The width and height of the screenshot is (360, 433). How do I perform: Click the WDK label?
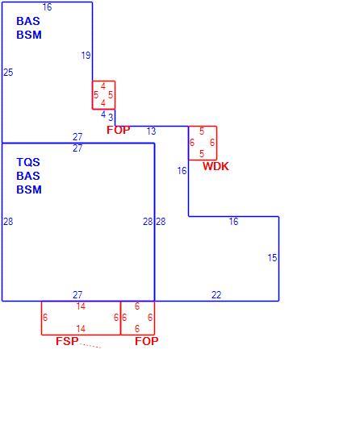(216, 166)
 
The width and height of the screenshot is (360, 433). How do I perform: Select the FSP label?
(67, 341)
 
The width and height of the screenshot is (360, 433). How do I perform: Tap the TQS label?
(28, 162)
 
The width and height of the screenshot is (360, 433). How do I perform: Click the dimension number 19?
(86, 56)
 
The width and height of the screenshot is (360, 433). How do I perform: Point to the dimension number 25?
(8, 73)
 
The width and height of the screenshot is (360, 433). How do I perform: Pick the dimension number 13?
(151, 131)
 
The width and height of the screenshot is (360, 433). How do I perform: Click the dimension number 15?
(272, 258)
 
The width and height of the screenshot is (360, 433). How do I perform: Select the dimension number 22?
(216, 295)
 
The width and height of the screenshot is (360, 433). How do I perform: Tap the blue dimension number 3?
(111, 118)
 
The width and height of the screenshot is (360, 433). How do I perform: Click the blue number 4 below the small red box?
(103, 114)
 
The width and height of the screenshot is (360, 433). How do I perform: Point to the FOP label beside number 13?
(119, 130)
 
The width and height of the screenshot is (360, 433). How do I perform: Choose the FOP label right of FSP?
(147, 341)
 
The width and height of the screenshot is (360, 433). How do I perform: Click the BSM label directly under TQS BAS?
(29, 189)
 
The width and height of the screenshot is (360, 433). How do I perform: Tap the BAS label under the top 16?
(28, 21)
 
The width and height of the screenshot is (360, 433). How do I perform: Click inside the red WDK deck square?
(203, 143)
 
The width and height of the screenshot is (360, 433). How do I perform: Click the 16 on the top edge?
(48, 7)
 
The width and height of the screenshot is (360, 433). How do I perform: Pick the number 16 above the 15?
(233, 221)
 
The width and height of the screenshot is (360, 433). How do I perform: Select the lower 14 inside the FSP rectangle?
(81, 329)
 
